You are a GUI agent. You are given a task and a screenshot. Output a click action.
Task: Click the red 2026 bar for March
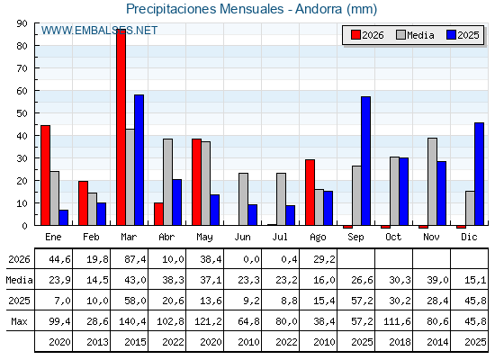point(121,127)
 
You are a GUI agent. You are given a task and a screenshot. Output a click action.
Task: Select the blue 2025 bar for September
point(365,161)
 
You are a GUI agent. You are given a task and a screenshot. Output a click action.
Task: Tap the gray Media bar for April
point(167,182)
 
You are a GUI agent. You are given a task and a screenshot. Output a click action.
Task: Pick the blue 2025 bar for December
point(479,174)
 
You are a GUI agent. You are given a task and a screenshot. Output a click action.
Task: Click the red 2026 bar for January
point(46,175)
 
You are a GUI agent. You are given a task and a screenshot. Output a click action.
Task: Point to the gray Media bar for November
point(432,182)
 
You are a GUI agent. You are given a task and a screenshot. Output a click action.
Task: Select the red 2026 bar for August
point(310,193)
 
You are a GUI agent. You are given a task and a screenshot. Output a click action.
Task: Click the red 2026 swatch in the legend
point(355,35)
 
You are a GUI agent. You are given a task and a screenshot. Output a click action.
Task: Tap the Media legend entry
point(415,35)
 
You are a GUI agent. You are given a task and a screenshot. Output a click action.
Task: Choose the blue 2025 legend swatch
point(451,35)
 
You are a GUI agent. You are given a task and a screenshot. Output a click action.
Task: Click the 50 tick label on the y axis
point(22,113)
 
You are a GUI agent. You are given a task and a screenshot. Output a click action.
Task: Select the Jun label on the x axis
point(242,237)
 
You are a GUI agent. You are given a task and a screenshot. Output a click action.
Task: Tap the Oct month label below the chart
point(393,237)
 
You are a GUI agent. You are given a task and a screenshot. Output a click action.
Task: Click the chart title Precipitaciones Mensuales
point(205,9)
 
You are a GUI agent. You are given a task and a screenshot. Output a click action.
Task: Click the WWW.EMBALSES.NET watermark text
point(99,31)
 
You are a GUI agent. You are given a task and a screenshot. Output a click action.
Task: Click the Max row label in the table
point(19,321)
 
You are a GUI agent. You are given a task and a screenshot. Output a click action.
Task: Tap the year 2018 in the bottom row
point(400,342)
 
